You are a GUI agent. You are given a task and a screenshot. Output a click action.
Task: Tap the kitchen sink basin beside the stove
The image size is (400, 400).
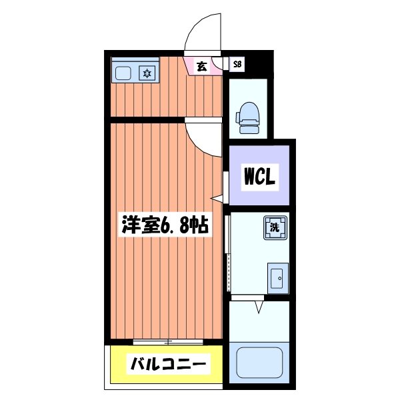click(123, 73)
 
